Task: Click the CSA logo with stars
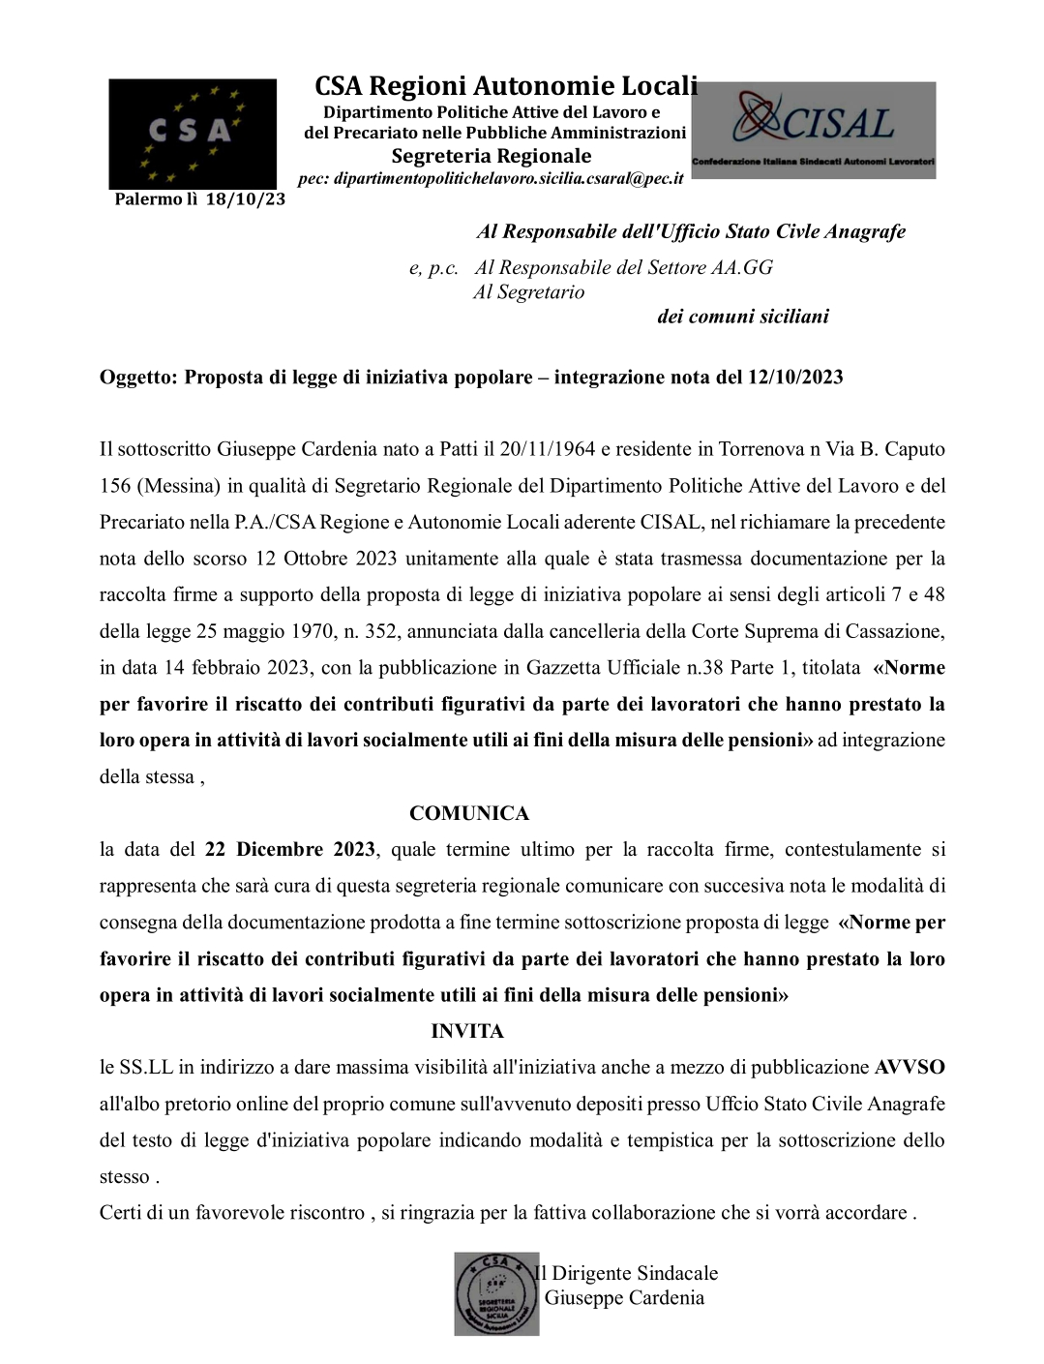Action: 193,133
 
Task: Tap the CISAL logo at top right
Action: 814,130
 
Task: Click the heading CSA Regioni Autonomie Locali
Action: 505,86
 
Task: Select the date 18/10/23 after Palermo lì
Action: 246,199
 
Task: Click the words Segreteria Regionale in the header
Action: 491,156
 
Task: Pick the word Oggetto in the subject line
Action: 135,377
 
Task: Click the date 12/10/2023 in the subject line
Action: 794,377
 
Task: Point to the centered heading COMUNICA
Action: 469,813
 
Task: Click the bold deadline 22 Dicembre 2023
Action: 290,849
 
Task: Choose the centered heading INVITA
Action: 467,1031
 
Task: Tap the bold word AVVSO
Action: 910,1068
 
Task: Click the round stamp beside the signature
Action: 496,1294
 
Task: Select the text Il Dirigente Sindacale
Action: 627,1273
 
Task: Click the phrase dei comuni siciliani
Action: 742,317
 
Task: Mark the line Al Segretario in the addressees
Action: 528,291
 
